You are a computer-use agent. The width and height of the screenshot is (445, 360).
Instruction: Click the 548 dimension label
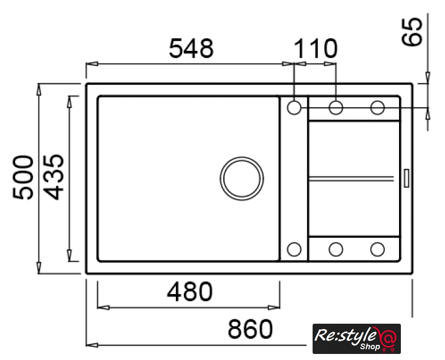tap(191, 48)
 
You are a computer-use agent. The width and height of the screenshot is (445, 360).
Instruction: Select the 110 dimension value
tap(316, 48)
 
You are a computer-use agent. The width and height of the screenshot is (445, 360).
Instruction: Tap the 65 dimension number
tap(412, 31)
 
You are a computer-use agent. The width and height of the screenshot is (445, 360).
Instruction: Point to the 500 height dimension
tap(23, 177)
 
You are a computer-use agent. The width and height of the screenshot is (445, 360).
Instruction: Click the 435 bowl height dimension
tap(54, 177)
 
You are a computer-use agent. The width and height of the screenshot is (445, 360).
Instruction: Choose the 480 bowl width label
tap(190, 292)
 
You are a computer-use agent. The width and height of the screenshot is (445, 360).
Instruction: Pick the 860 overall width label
tap(250, 329)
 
